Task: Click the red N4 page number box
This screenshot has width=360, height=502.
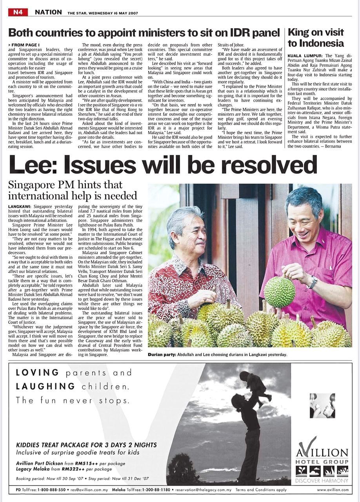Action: [x=18, y=12]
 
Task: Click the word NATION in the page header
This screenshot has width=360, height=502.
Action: [x=48, y=12]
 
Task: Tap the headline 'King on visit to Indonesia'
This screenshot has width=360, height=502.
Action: [x=316, y=38]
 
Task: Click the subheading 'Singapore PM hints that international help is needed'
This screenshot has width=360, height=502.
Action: [x=73, y=190]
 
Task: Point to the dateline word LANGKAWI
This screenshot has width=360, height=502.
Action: [x=20, y=206]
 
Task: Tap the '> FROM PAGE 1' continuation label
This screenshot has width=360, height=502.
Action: [x=24, y=45]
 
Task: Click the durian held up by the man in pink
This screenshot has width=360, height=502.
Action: [x=279, y=292]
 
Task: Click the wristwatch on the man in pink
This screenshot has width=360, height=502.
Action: [x=313, y=282]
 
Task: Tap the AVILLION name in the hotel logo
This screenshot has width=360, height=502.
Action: [x=322, y=452]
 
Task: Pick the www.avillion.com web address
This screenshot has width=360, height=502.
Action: [x=333, y=489]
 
